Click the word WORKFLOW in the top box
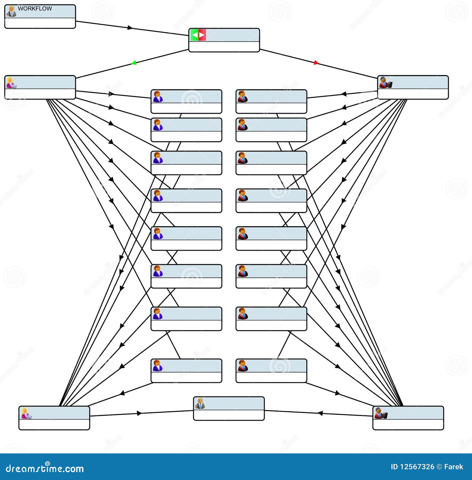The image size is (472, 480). pos(35,9)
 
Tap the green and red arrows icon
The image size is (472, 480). pos(198,35)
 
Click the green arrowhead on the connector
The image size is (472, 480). pos(134,63)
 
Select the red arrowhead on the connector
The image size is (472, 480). pos(316,63)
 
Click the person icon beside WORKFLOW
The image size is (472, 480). pos(12,12)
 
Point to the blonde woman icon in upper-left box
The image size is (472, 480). pos(11,83)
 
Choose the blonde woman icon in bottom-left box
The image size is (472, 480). pos(26,413)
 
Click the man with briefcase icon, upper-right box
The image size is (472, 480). pos(385,83)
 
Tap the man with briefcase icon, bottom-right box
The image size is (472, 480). pos(381,413)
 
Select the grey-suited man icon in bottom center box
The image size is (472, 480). pos(200,404)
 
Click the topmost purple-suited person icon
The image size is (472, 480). pos(158,97)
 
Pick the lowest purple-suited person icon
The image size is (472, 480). pos(158,366)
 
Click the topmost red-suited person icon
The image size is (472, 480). pos(243,97)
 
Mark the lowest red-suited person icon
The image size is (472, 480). pos(243,366)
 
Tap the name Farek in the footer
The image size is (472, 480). pos(453,467)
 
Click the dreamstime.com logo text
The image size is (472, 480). pos(45,468)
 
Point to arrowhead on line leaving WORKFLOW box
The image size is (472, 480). pos(130,28)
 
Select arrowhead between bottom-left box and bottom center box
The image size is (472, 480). pos(140,413)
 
